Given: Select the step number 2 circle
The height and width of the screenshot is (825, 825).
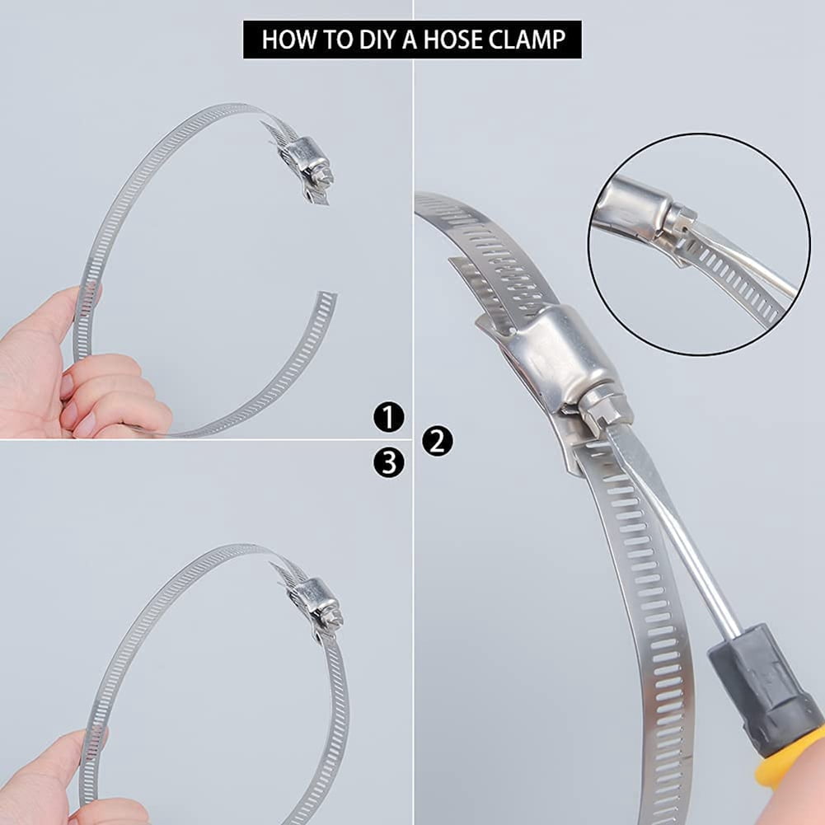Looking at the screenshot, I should pos(437,441).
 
